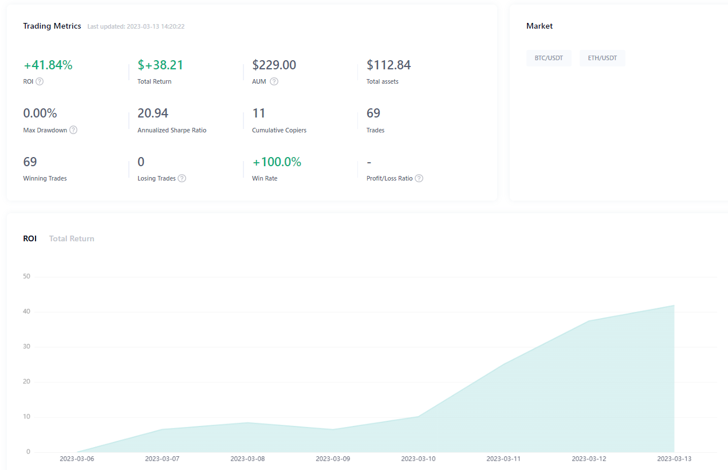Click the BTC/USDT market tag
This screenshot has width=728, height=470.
[549, 58]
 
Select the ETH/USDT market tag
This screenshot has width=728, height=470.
[602, 58]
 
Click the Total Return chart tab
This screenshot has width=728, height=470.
[72, 238]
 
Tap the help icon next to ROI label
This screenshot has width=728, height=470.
[40, 81]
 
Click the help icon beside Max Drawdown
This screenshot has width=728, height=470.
[73, 130]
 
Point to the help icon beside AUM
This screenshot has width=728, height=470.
[274, 81]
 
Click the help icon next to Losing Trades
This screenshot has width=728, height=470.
[182, 178]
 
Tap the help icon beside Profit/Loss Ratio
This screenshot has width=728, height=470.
[419, 178]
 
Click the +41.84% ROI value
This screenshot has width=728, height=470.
[48, 65]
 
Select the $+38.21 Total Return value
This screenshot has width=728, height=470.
[160, 65]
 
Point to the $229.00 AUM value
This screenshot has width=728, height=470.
[274, 65]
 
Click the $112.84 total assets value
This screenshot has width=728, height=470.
[389, 65]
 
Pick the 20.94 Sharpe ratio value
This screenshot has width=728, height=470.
[153, 113]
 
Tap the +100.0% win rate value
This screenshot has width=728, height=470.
[277, 162]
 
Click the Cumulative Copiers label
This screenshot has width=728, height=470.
[279, 130]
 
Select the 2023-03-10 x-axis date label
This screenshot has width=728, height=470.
[418, 459]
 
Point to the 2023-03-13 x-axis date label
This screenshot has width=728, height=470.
[674, 459]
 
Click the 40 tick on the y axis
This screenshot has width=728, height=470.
[26, 312]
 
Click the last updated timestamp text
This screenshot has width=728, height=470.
[136, 26]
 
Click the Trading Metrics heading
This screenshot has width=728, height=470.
[52, 26]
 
